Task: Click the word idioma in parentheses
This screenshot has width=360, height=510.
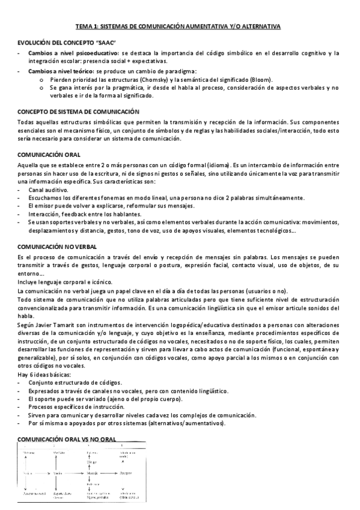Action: pyautogui.click(x=212, y=164)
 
